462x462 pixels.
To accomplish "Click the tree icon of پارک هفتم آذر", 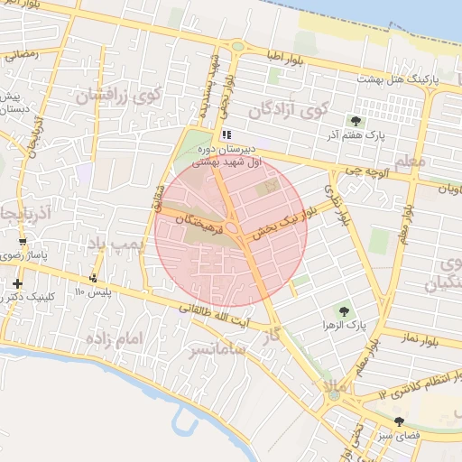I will (356, 121).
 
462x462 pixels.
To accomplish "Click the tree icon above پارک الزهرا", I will (341, 310).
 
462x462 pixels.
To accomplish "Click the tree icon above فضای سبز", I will (400, 422).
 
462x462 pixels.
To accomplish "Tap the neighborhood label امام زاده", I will (115, 340).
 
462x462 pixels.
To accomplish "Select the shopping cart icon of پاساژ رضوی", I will (23, 243).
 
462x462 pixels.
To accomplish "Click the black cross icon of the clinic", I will (17, 283).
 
